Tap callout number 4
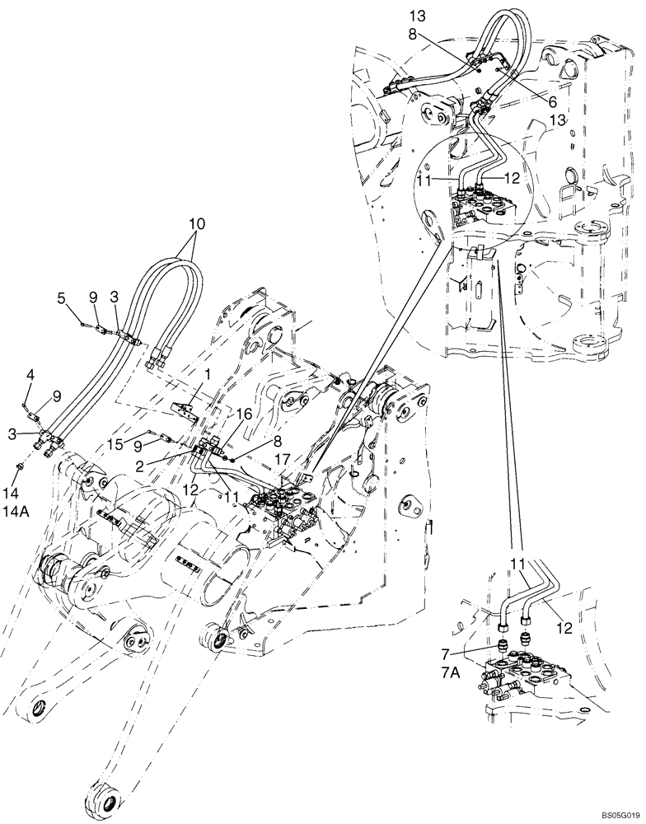(x=30, y=376)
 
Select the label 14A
(x=22, y=510)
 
